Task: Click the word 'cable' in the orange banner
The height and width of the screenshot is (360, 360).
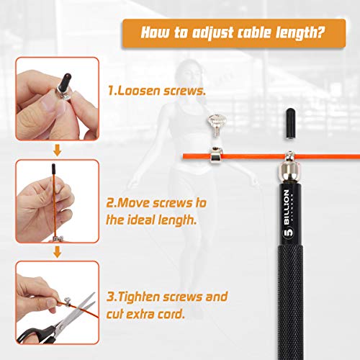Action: (254, 32)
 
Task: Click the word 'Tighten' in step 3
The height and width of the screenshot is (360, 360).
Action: (140, 297)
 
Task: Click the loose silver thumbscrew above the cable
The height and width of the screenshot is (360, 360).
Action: (217, 125)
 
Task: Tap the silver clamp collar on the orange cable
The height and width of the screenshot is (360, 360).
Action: (216, 156)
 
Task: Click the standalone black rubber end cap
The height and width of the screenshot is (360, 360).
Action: (290, 124)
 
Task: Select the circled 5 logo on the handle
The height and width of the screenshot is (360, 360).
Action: (288, 233)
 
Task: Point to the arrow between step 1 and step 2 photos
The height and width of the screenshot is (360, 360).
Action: (57, 150)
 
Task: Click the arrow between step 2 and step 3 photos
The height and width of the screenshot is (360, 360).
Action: (57, 252)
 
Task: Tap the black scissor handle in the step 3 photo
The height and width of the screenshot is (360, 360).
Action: (36, 335)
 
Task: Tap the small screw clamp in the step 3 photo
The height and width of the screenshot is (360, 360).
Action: (67, 302)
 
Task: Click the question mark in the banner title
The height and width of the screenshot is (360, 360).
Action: (320, 32)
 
